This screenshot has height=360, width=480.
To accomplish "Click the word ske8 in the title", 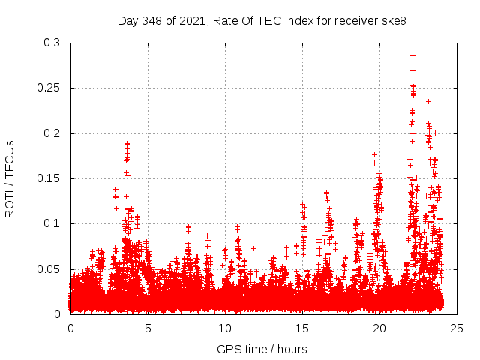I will (392, 20).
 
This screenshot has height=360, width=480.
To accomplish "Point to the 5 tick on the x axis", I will (148, 328).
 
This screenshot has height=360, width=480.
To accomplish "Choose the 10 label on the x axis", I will (225, 328).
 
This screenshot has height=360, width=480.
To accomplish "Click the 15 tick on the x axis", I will (302, 328).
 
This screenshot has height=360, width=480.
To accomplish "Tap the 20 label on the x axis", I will (379, 328).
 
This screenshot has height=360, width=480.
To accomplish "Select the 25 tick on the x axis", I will (457, 328).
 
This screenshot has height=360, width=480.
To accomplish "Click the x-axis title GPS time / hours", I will (262, 349).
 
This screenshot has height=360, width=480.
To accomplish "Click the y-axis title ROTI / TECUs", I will (10, 178).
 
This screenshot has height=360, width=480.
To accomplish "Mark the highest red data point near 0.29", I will (412, 55).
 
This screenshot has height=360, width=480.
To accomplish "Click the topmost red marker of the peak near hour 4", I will (127, 142).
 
